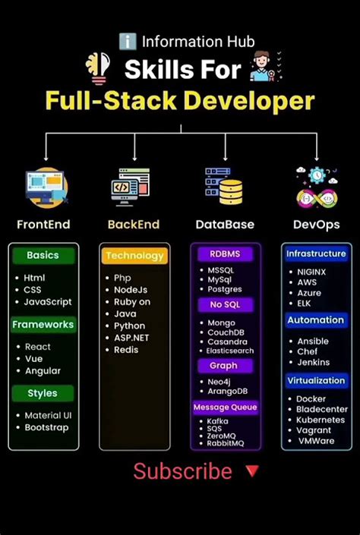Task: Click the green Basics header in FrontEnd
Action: click(43, 256)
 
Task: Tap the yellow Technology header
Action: click(134, 256)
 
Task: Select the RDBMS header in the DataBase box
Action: click(225, 253)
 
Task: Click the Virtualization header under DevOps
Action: click(316, 380)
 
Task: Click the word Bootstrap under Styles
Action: click(46, 427)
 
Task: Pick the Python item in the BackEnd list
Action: click(130, 326)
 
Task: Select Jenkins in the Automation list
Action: click(314, 363)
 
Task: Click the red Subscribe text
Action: click(182, 471)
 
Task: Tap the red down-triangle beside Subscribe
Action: click(252, 471)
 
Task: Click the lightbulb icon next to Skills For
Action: click(99, 69)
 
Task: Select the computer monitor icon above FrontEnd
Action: click(46, 187)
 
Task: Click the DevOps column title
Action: click(316, 225)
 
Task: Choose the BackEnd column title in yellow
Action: click(134, 225)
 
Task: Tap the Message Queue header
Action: click(225, 408)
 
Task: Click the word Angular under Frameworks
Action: click(43, 371)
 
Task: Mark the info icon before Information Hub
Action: click(128, 42)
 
